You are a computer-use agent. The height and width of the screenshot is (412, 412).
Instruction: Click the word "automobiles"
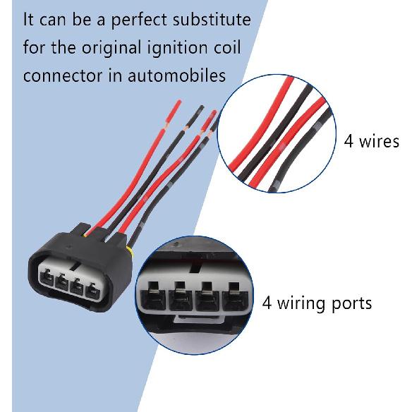pos(176,75)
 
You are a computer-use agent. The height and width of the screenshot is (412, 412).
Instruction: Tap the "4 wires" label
pos(372,141)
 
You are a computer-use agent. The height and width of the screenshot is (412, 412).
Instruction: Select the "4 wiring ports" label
pos(317,303)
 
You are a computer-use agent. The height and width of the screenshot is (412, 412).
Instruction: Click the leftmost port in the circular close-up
pos(153,296)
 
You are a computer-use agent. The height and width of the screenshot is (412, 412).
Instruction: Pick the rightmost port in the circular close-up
pos(235,296)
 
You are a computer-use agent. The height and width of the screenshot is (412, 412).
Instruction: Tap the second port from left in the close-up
pos(181,296)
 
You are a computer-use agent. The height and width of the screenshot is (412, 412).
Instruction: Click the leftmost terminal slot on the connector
pos(47,277)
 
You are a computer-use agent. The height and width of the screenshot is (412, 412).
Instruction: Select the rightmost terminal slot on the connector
pos(92,291)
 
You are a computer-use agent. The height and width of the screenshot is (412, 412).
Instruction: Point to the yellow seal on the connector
pos(131,251)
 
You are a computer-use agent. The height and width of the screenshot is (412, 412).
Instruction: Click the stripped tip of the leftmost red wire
pos(174,111)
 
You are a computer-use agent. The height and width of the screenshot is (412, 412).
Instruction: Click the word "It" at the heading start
pos(29,20)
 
